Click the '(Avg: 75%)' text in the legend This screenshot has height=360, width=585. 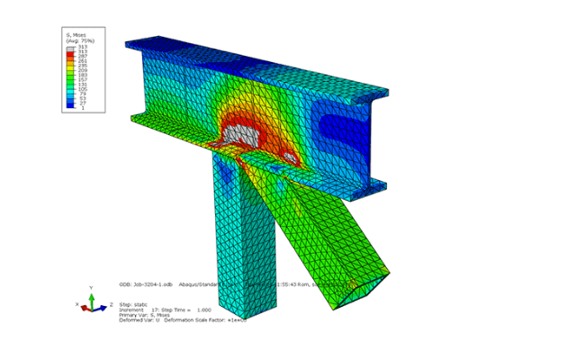[x=79, y=40]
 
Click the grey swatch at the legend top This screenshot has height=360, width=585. [x=70, y=47]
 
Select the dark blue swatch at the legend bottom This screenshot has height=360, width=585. [x=70, y=106]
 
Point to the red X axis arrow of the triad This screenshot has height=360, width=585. [x=84, y=308]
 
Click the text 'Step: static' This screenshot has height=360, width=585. [x=137, y=305]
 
